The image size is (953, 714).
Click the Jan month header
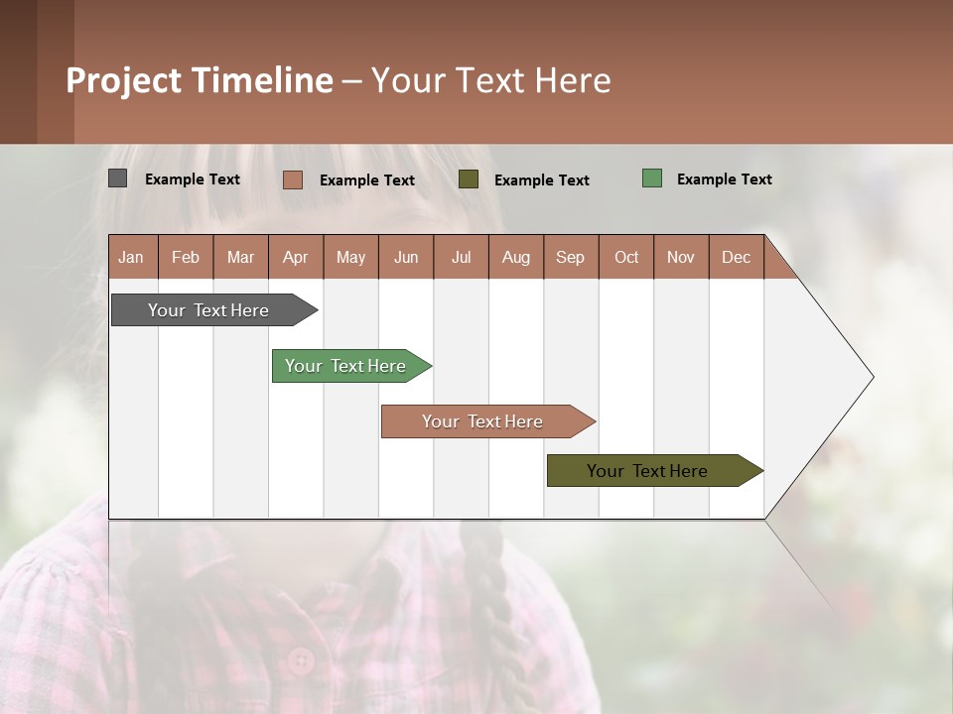pyautogui.click(x=131, y=257)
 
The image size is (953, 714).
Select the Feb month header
pyautogui.click(x=186, y=257)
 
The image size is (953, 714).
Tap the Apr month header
pyautogui.click(x=295, y=257)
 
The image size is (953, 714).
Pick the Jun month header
pyautogui.click(x=406, y=257)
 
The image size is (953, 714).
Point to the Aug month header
pyautogui.click(x=515, y=257)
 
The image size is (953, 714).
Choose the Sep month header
pyautogui.click(x=570, y=257)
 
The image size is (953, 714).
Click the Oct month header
pyautogui.click(x=626, y=257)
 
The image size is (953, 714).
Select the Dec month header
pyautogui.click(x=736, y=257)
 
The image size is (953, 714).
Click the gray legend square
pyautogui.click(x=117, y=178)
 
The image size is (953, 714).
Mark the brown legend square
pyautogui.click(x=292, y=179)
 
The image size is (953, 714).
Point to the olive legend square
pyautogui.click(x=469, y=179)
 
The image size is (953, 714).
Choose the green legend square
pyautogui.click(x=651, y=178)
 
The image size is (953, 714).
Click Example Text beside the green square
pyautogui.click(x=724, y=179)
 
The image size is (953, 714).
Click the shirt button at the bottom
pyautogui.click(x=300, y=658)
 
